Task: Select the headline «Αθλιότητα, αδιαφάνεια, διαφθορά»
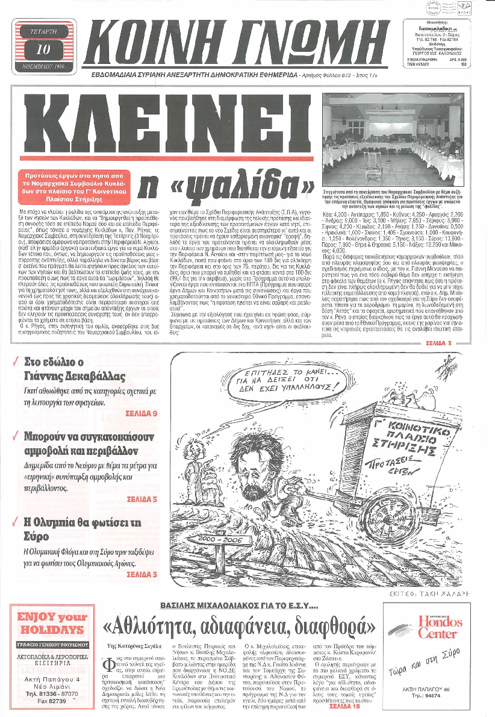click(241, 628)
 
